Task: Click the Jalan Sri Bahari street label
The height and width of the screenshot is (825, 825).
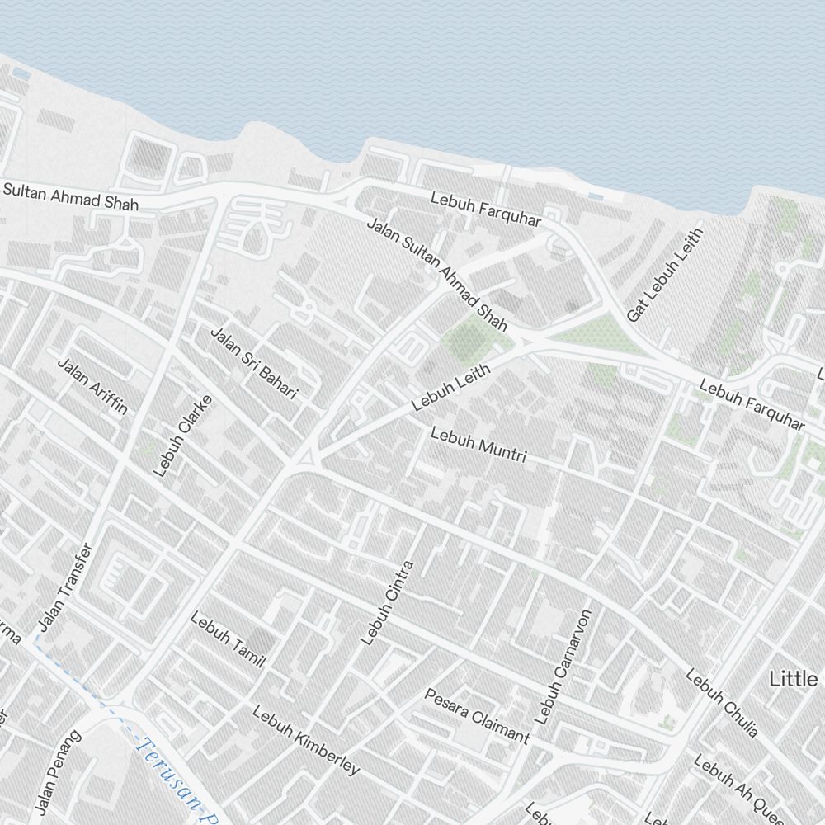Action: pos(253,364)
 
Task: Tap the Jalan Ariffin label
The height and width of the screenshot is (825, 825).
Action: pos(92,385)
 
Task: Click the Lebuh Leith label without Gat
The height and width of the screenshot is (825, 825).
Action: pos(450,387)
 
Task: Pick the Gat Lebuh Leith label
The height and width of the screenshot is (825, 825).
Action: pos(664,276)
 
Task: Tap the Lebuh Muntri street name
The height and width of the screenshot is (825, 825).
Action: pos(478,444)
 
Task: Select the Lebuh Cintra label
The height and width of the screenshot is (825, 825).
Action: pos(386,602)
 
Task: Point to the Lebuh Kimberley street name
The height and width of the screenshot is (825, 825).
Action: pos(306,740)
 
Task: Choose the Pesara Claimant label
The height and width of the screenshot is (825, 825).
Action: pos(476,714)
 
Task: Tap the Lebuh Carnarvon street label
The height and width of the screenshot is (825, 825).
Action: pos(564,667)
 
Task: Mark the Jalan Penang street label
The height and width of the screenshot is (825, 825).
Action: pos(59,771)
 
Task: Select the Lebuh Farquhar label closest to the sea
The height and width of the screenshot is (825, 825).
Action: pos(486,210)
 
